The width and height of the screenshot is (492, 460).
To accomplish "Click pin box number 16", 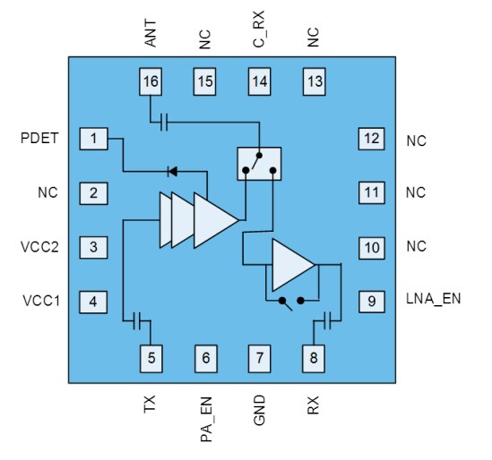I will [151, 82].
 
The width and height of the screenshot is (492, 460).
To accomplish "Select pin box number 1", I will [93, 139].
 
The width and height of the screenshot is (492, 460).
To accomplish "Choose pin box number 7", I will [260, 359].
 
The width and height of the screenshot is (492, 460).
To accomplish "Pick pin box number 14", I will [260, 82].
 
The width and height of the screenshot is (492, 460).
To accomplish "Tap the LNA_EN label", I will [433, 299].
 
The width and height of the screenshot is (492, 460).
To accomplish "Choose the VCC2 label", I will [39, 246].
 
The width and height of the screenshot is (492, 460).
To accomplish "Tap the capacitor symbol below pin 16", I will [163, 121].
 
